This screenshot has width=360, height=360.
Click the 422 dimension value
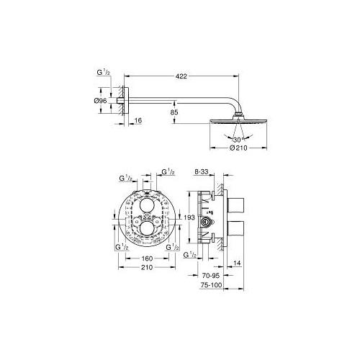pyautogui.click(x=181, y=76)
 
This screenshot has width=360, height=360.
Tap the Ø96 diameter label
pyautogui.click(x=100, y=101)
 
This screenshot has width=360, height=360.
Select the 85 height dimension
pyautogui.click(x=175, y=112)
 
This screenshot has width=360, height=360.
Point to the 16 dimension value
pyautogui.click(x=138, y=120)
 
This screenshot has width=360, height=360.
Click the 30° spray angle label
pyautogui.click(x=238, y=139)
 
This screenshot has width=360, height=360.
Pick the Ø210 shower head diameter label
pyautogui.click(x=238, y=148)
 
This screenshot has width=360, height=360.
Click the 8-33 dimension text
pyautogui.click(x=201, y=172)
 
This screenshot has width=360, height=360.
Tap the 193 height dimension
pyautogui.click(x=189, y=217)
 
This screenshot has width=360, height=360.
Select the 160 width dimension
pyautogui.click(x=147, y=258)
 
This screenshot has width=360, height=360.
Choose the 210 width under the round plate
pyautogui.click(x=147, y=267)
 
